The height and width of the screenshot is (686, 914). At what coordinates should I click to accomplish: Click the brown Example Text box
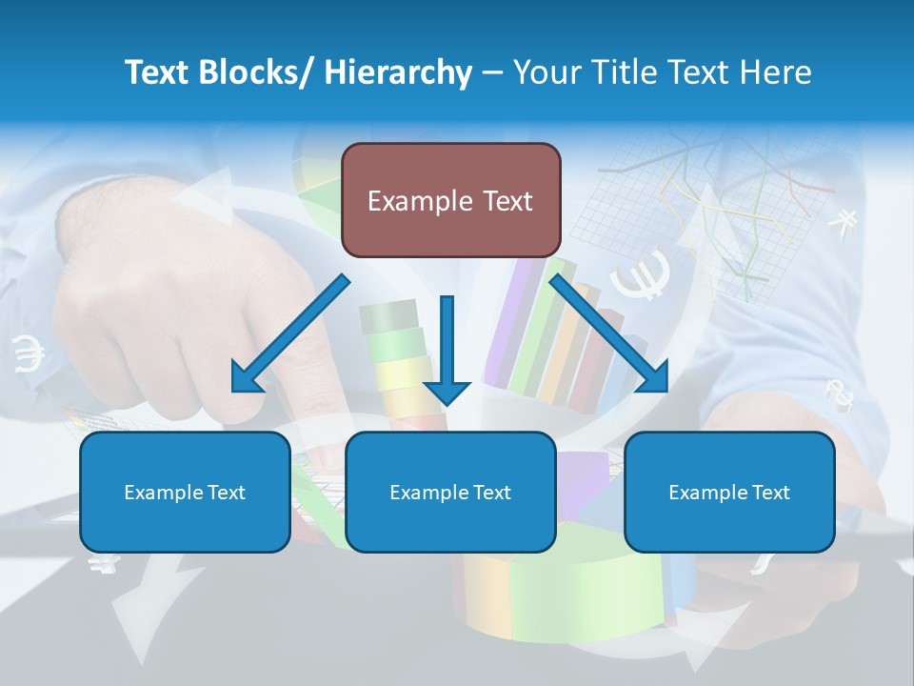[x=450, y=200]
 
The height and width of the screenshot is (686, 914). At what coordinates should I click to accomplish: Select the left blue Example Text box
[x=185, y=492]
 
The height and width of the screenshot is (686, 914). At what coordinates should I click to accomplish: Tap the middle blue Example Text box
[x=449, y=492]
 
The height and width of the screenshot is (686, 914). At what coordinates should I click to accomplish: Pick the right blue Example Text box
[x=729, y=492]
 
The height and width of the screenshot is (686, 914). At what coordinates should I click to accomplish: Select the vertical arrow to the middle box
[x=447, y=349]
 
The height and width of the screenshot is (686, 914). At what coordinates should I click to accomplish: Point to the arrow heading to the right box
[x=609, y=334]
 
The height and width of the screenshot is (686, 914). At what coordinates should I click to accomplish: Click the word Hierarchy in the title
[x=398, y=72]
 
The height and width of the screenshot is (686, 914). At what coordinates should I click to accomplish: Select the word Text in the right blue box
[x=770, y=493]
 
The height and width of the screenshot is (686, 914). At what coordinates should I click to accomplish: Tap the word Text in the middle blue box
[x=491, y=493]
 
